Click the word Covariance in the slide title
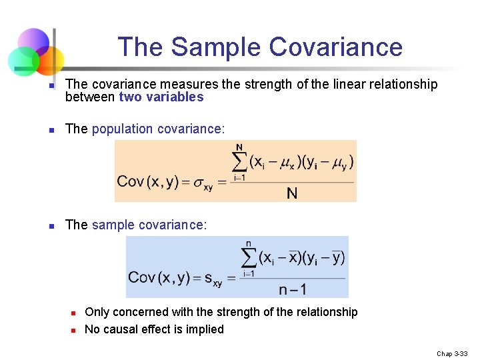[336, 47]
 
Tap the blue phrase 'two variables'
[161, 97]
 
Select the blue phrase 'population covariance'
[152, 129]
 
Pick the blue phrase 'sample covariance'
[148, 225]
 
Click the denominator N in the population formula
[292, 193]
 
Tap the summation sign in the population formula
[239, 162]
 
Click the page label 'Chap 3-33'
[452, 353]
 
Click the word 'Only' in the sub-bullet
[97, 312]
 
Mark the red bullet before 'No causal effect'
[74, 330]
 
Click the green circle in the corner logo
[23, 61]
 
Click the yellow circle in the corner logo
[50, 60]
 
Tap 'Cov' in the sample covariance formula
[142, 277]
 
